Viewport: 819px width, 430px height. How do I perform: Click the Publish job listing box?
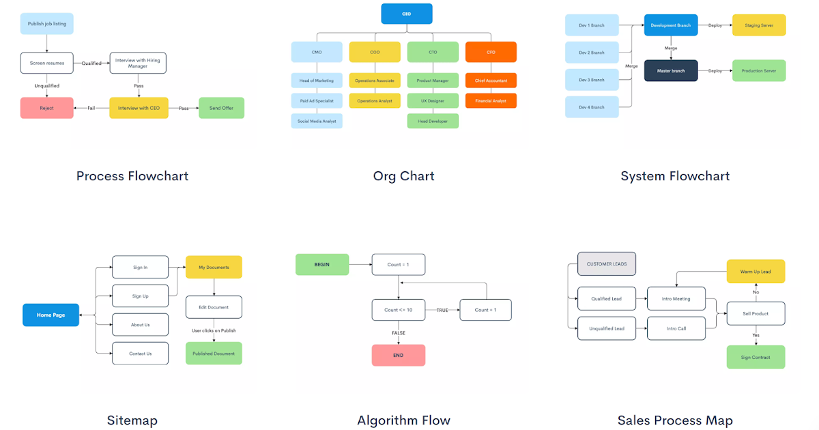46,24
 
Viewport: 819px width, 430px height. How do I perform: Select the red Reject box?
46,108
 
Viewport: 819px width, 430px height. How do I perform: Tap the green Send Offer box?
221,108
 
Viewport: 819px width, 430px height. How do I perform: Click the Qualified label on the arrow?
91,63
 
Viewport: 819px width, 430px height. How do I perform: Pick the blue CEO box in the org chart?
406,14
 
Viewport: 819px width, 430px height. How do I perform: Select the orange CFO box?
491,52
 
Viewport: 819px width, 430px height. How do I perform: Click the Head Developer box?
433,121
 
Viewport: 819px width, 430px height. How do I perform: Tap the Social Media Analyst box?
317,121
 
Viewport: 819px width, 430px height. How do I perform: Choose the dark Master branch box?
671,70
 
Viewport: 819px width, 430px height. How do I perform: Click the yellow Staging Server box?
758,25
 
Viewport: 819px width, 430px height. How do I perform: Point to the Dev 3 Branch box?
592,80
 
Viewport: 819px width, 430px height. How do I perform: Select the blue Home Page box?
51,315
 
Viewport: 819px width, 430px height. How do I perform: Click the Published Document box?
214,354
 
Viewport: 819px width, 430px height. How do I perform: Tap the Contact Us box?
140,354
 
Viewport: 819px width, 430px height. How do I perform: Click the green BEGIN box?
321,264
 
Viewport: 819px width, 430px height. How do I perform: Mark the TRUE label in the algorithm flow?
442,310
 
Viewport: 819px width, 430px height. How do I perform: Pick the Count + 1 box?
485,310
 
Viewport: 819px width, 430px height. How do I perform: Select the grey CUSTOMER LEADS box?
607,263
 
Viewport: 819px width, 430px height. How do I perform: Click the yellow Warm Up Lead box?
756,272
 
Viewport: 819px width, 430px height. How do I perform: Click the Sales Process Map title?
675,420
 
